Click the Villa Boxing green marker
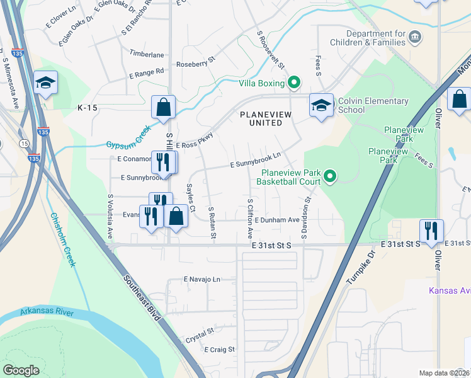coord(293,83)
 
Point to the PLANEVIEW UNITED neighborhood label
coord(261,118)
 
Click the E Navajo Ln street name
coord(202,278)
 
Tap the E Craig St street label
coord(219,349)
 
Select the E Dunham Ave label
coord(277,220)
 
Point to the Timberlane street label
coord(147,55)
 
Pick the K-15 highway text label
coord(88,108)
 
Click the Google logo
coord(21,370)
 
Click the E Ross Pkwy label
coord(195,141)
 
